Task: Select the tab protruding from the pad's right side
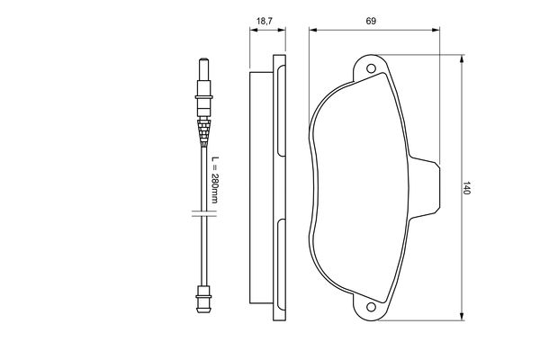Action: pyautogui.click(x=428, y=186)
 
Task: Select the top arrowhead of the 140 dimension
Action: pyautogui.click(x=462, y=58)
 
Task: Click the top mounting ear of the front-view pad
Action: pyautogui.click(x=371, y=65)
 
